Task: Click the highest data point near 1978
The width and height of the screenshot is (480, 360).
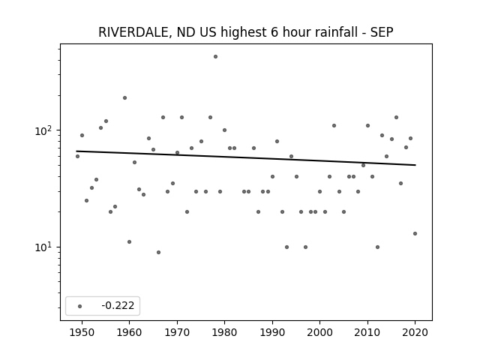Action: pyautogui.click(x=215, y=57)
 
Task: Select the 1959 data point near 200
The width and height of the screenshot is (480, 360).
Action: pyautogui.click(x=125, y=98)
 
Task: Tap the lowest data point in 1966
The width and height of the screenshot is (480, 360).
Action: pyautogui.click(x=158, y=252)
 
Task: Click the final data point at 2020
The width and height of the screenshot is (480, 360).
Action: pyautogui.click(x=415, y=233)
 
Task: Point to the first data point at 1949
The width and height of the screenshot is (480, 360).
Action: pyautogui.click(x=77, y=157)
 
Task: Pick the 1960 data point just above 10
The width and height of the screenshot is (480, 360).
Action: pyautogui.click(x=129, y=241)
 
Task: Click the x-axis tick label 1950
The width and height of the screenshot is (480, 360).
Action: pyautogui.click(x=82, y=332)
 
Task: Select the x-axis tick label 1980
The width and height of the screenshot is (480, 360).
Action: pyautogui.click(x=224, y=332)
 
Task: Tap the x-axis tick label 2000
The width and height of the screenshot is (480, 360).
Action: pyautogui.click(x=319, y=332)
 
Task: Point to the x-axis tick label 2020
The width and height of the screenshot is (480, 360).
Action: pyautogui.click(x=415, y=332)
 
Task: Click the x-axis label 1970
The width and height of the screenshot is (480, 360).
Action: pyautogui.click(x=177, y=332)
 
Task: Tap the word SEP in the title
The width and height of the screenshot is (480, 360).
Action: pyautogui.click(x=382, y=32)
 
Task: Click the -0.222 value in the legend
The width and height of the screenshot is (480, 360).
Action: pyautogui.click(x=118, y=305)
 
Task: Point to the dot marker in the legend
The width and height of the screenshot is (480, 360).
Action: pyautogui.click(x=80, y=306)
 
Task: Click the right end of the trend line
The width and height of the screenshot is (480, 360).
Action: pyautogui.click(x=415, y=165)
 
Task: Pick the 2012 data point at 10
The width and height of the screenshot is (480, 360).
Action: pyautogui.click(x=377, y=247)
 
